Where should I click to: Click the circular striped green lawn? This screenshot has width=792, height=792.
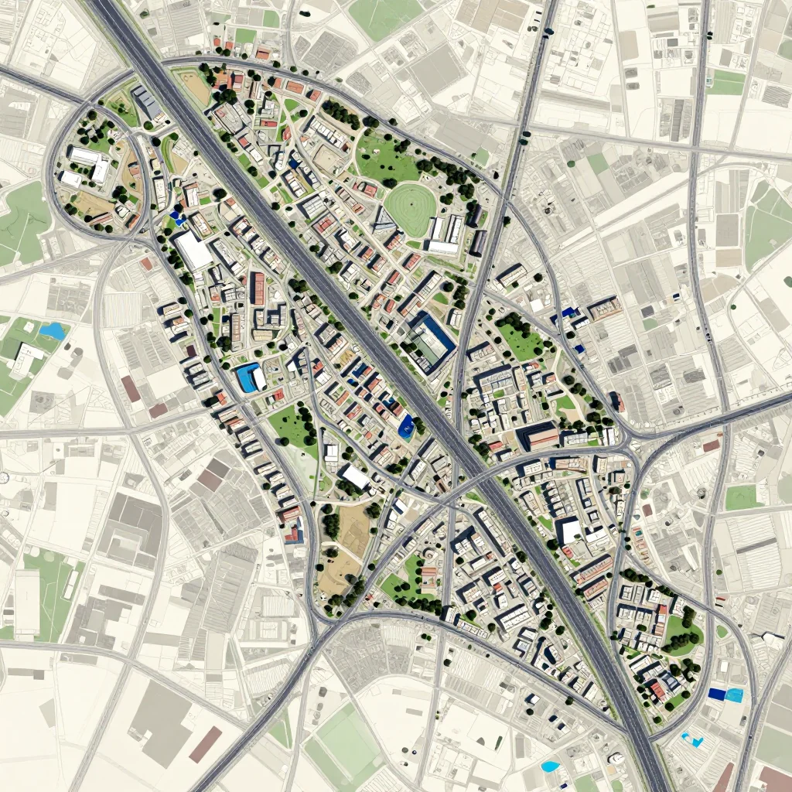point(410,207)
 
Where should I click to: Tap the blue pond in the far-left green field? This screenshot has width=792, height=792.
point(53,331)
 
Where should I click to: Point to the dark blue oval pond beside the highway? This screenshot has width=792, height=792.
point(405,426)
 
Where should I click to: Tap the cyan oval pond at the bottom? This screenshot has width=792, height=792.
point(550,766)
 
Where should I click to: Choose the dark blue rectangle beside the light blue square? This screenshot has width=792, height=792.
point(716,695)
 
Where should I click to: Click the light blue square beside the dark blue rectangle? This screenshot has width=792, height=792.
point(734,695)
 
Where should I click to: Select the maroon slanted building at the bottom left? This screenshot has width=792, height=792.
point(206,743)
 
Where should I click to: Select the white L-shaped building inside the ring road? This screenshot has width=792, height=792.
point(90,162)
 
